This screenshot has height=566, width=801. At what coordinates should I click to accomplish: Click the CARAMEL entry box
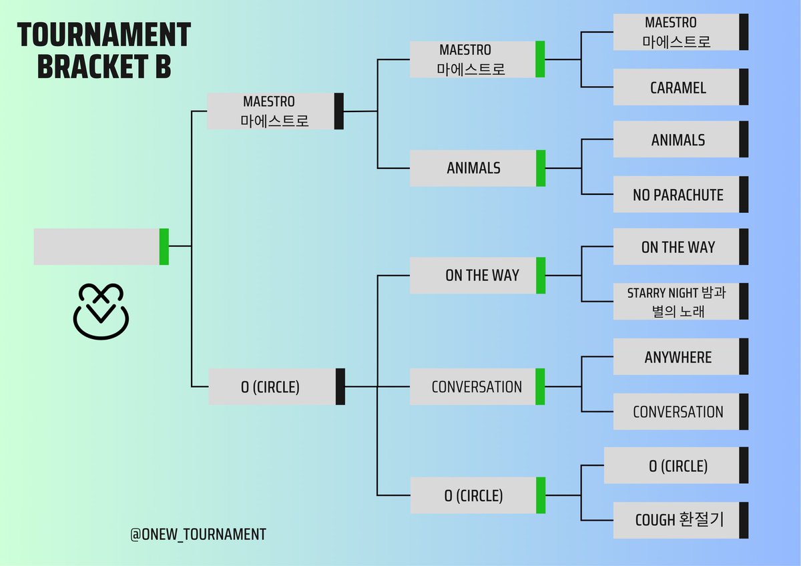(677, 87)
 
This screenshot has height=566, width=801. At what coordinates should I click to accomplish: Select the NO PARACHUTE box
(677, 195)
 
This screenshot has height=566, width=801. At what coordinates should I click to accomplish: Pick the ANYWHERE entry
(677, 357)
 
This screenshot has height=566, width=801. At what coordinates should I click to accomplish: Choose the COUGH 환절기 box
(677, 520)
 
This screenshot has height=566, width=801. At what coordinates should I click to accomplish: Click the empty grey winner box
(97, 247)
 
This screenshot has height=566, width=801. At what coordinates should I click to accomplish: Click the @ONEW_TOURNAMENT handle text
(198, 535)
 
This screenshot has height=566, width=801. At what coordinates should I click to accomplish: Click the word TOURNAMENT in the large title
(104, 35)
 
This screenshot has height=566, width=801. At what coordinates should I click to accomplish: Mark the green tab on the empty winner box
(164, 247)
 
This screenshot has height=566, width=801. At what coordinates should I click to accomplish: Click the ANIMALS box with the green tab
(473, 168)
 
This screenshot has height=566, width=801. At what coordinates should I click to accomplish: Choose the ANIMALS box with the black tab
(677, 140)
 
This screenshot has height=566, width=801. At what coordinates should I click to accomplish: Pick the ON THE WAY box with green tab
(473, 276)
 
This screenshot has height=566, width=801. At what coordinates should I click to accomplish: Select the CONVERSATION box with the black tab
(677, 412)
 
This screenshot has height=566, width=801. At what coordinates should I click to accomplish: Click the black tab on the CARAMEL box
(744, 87)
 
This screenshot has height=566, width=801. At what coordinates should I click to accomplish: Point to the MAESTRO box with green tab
(473, 59)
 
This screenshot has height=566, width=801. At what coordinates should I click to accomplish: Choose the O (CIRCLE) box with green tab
(473, 496)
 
